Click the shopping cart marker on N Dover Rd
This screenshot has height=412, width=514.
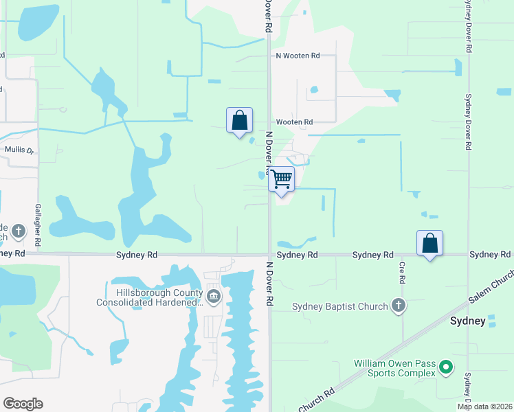pyautogui.click(x=281, y=179)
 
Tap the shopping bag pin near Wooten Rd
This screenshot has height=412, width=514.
pyautogui.click(x=239, y=120)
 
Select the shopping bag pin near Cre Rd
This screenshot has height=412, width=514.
pyautogui.click(x=429, y=243)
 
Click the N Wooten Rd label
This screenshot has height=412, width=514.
pyautogui.click(x=298, y=56)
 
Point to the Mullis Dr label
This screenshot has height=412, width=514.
pyautogui.click(x=20, y=148)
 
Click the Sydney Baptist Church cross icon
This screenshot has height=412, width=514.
pyautogui.click(x=398, y=306)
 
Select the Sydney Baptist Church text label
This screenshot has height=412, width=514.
pyautogui.click(x=339, y=306)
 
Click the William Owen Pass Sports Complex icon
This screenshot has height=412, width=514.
pyautogui.click(x=446, y=368)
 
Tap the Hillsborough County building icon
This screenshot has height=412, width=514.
pyautogui.click(x=214, y=297)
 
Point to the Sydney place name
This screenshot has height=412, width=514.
pyautogui.click(x=467, y=321)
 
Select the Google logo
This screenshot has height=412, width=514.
pyautogui.click(x=23, y=404)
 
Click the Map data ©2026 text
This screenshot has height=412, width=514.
pyautogui.click(x=485, y=407)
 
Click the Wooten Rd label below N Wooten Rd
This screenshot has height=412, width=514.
pyautogui.click(x=294, y=122)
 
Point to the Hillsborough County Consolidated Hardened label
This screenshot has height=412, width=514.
pyautogui.click(x=150, y=297)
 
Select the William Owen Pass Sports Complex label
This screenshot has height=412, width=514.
pyautogui.click(x=394, y=368)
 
